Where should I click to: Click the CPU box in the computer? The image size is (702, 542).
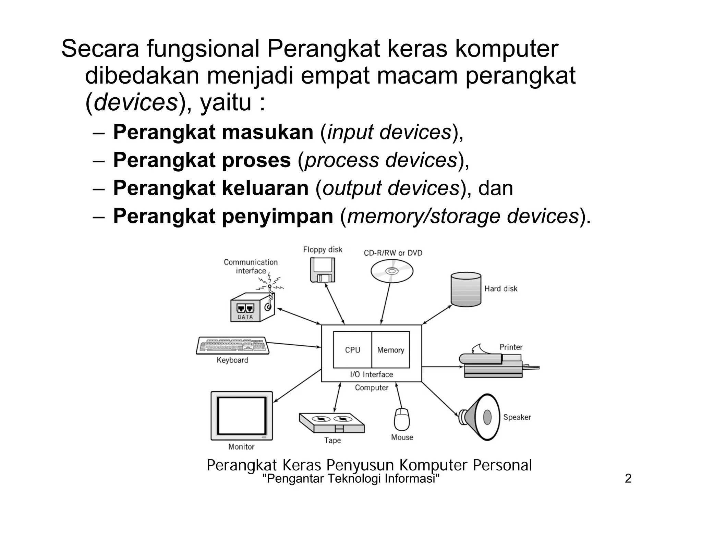click(x=352, y=350)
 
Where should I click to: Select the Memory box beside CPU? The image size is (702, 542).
click(x=391, y=350)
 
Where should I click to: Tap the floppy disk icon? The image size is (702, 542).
click(x=323, y=270)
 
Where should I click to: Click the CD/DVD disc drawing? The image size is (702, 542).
click(x=392, y=271)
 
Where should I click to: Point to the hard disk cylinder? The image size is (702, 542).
click(x=466, y=289)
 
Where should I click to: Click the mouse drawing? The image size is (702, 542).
click(x=402, y=419)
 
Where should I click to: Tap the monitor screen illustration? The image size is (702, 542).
click(x=242, y=416)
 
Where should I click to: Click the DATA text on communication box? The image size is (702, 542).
click(x=245, y=317)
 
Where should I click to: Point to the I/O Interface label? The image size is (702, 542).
click(x=372, y=374)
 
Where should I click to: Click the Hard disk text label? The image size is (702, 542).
click(x=500, y=289)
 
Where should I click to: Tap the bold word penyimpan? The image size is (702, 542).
click(x=278, y=216)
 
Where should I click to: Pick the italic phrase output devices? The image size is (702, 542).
click(x=391, y=188)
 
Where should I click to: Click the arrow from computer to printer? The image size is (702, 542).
click(x=442, y=367)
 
